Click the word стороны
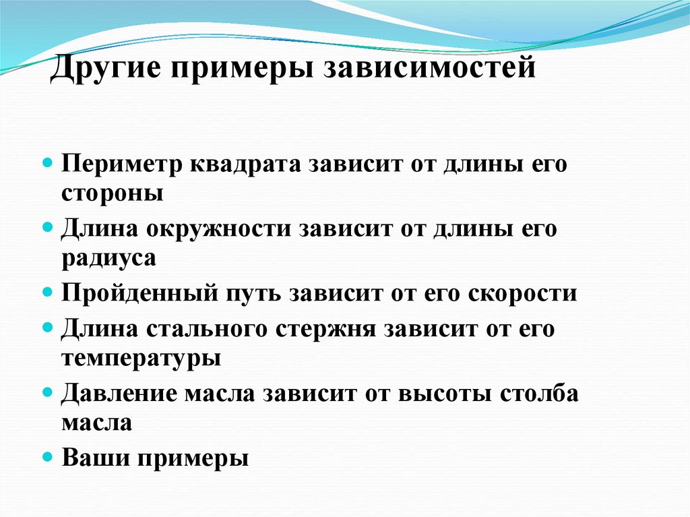[113, 193]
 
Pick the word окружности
[224, 229]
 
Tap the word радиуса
[108, 257]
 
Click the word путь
[253, 295]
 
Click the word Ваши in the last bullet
[94, 458]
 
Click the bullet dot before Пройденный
[48, 293]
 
